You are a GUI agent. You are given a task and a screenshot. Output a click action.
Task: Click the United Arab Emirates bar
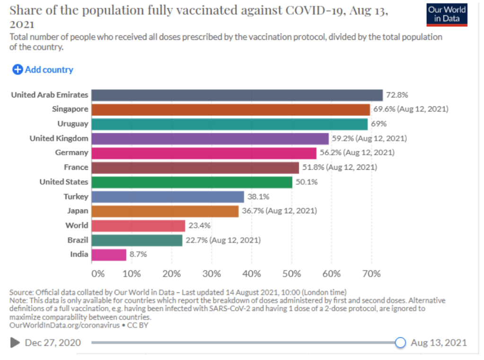tap(237, 95)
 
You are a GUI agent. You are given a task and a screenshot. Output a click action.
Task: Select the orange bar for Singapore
tap(230, 109)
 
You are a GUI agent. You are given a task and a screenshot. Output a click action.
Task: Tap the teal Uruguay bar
tap(229, 124)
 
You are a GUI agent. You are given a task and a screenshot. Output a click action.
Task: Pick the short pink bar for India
tap(109, 255)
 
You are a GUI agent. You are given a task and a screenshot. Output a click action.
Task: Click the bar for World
tap(138, 225)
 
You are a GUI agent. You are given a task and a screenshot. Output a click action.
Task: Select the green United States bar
tap(192, 182)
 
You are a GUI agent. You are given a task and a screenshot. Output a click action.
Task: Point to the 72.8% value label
tap(396, 95)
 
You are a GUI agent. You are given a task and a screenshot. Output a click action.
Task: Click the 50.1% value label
tap(306, 182)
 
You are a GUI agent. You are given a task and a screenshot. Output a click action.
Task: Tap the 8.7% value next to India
tap(138, 255)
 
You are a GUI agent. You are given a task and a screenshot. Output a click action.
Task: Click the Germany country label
tap(71, 153)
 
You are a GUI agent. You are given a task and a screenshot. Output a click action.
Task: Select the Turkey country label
tap(76, 196)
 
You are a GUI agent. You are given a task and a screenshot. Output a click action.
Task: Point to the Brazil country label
tap(78, 240)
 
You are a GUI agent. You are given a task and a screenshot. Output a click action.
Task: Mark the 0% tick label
tap(98, 273)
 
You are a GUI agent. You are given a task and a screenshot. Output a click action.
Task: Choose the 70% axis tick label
tap(371, 273)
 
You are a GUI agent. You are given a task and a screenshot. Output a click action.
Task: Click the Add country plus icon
tap(18, 70)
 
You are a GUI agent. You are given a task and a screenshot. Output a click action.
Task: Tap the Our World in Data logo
tap(447, 14)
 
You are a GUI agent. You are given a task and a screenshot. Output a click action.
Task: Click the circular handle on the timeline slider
tap(400, 342)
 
